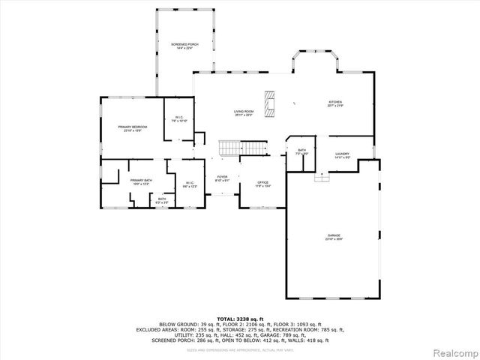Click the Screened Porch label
coord(183,46)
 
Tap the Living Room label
coord(243,113)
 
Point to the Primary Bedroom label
coord(132,129)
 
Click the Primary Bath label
coord(141,182)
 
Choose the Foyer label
coord(223,179)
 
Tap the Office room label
coord(262,184)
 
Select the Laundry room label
coord(342,155)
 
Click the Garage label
coord(333,238)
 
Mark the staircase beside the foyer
coord(242,147)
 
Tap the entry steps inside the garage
coord(322,177)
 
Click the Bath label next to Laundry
coord(301,152)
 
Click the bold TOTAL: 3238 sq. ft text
coord(240,319)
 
